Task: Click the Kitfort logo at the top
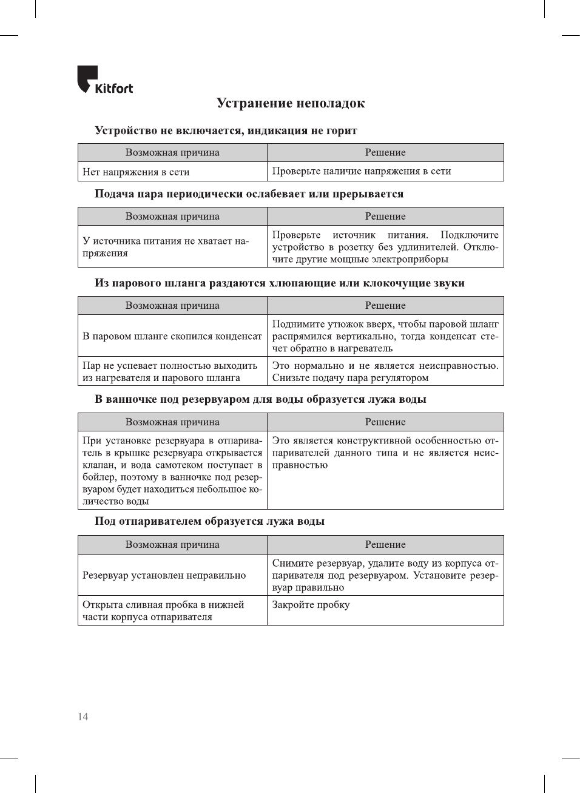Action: [x=105, y=81]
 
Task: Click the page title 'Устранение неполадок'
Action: [x=291, y=103]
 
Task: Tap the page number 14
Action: [x=83, y=717]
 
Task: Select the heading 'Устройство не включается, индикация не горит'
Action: [x=226, y=130]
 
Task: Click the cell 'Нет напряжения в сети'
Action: [x=136, y=172]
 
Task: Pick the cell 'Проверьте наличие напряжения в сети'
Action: [x=362, y=171]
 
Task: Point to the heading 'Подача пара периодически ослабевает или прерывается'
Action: [x=249, y=194]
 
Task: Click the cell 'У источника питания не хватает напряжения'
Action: [x=166, y=247]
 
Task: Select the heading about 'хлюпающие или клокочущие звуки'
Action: [x=279, y=283]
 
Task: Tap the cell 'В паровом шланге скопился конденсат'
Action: [x=172, y=336]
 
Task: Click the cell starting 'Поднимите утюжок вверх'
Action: [x=385, y=336]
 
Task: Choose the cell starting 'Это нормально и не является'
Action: [x=385, y=371]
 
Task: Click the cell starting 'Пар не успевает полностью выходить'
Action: [x=170, y=371]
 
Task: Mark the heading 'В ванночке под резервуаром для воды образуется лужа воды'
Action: [x=260, y=399]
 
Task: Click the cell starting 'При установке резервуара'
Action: [x=172, y=471]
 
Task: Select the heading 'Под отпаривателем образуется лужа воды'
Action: [x=209, y=521]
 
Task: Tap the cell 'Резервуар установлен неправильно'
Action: [x=164, y=575]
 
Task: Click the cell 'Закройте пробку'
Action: [x=311, y=605]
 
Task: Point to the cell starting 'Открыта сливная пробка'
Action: [x=163, y=610]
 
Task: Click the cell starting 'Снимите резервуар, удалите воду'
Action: [x=385, y=575]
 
